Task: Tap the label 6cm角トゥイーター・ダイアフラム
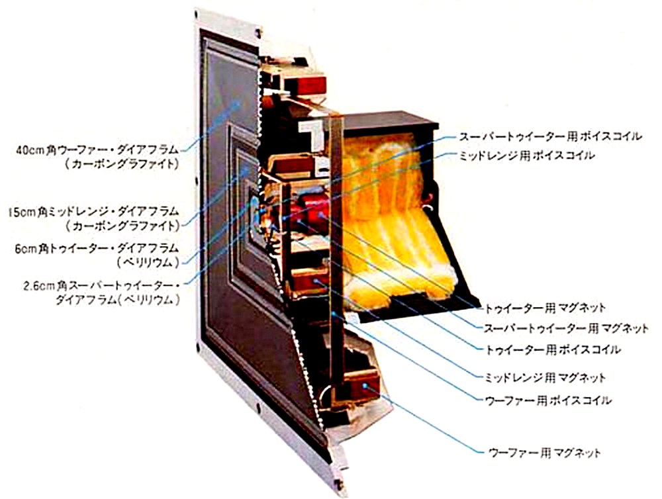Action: pyautogui.click(x=97, y=249)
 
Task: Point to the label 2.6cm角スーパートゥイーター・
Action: pyautogui.click(x=99, y=285)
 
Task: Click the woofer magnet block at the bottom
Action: pyautogui.click(x=361, y=384)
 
